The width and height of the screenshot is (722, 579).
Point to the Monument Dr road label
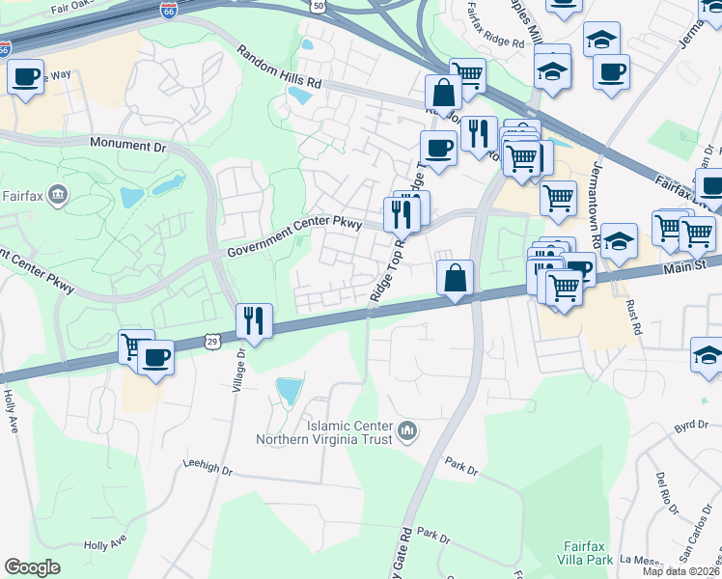[x=127, y=144]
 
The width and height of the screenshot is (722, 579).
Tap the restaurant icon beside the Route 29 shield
[x=254, y=321]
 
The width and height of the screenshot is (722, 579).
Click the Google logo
[x=33, y=567]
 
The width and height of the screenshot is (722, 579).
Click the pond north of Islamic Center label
[x=289, y=391]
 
